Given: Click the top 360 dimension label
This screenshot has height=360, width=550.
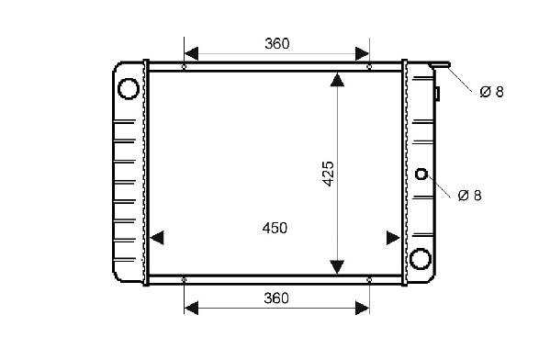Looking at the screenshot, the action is [277, 44].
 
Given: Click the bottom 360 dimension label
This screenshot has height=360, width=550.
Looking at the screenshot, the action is [276, 298].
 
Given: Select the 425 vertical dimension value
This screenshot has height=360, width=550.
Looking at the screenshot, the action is [329, 174].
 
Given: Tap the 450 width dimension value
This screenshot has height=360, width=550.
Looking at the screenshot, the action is [275, 228].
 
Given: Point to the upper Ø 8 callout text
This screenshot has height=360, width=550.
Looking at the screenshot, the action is [491, 92].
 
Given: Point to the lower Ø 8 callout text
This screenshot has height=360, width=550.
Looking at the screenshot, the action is [470, 196].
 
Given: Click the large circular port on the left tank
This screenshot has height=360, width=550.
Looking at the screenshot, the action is [128, 88].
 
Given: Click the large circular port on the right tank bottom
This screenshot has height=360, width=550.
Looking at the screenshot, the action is [421, 259].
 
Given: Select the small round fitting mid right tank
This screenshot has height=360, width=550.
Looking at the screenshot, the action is [421, 174].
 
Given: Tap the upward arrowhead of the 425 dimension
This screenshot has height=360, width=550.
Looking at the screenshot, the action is [337, 80].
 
